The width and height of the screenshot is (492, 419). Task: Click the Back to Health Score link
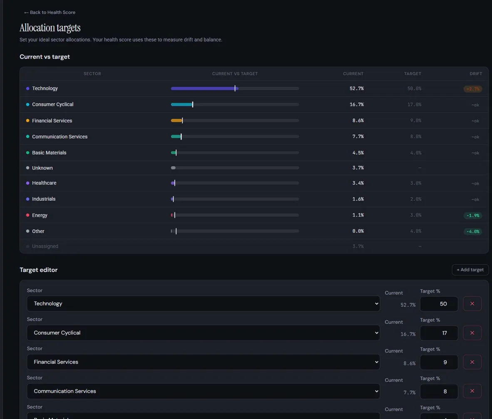(50, 12)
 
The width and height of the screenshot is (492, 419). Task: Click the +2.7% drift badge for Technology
(472, 89)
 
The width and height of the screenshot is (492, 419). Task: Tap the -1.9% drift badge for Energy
(472, 215)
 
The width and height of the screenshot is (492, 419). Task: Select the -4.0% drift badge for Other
(472, 232)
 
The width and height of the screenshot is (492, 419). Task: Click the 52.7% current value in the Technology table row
(356, 89)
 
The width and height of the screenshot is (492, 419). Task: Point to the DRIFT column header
(476, 74)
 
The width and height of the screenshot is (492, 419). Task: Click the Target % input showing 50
(439, 304)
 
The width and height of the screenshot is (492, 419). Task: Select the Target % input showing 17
(439, 333)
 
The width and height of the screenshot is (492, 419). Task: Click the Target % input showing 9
(439, 362)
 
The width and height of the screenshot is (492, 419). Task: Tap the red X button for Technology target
(472, 304)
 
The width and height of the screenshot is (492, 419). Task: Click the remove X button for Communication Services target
(472, 391)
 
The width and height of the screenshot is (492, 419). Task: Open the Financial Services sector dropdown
(203, 362)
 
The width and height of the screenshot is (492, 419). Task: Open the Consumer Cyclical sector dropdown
(203, 333)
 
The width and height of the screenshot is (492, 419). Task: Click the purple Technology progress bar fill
(203, 89)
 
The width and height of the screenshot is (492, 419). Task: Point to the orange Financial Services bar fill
(176, 121)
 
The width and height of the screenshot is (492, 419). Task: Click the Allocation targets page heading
(50, 28)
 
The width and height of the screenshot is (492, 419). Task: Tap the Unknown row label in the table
(42, 168)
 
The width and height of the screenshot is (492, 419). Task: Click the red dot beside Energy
(27, 215)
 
